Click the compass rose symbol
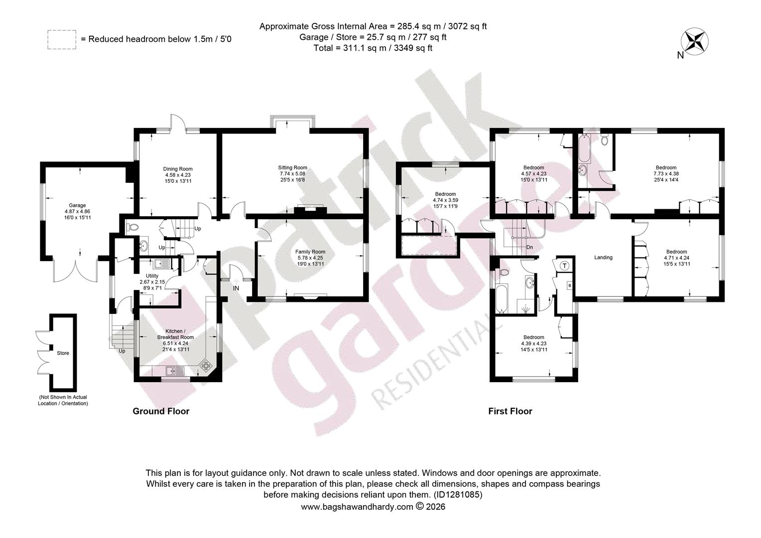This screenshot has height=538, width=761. [x=694, y=41]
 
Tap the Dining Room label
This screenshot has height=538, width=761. [x=178, y=169]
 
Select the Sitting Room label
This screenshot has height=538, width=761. [x=292, y=167]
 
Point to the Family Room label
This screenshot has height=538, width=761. [x=310, y=252]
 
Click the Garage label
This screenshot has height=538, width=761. [x=77, y=205]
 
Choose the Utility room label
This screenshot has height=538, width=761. [x=152, y=276]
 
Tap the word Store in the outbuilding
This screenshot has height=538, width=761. [x=63, y=353]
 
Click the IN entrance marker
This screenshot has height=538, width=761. [x=236, y=288]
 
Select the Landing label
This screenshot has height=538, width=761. [x=603, y=257]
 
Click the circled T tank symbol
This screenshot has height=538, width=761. [x=565, y=266]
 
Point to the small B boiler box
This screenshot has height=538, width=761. [x=570, y=286]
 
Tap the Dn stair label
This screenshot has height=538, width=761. [x=529, y=248]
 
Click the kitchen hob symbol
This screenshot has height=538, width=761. [x=206, y=365]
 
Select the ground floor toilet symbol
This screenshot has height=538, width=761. [x=133, y=227]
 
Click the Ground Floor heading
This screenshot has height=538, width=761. [x=161, y=411]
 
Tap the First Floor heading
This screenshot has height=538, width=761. [x=510, y=411]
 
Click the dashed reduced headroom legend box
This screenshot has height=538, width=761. [x=62, y=40]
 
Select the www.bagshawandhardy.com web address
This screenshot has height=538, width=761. [x=357, y=507]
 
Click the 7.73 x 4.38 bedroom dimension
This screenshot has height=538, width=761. [x=666, y=174]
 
